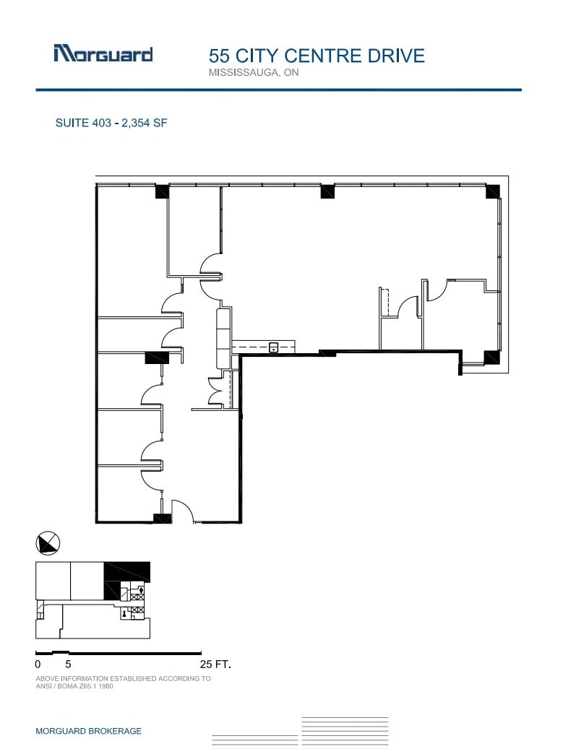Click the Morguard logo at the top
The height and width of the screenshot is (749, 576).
tap(103, 54)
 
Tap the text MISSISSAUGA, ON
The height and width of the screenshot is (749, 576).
tap(254, 73)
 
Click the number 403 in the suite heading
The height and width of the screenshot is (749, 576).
tap(101, 123)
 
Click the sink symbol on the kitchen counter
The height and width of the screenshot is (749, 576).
tap(274, 347)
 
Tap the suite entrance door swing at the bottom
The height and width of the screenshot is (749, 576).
tap(182, 511)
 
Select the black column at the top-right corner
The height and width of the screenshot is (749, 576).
tap(492, 191)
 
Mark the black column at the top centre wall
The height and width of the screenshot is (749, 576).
tap(327, 191)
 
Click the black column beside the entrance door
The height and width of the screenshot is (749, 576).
tap(162, 518)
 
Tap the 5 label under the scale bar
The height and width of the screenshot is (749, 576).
tap(68, 663)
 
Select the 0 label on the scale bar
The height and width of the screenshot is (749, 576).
tap(38, 663)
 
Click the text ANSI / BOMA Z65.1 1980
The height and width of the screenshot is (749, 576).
tap(74, 686)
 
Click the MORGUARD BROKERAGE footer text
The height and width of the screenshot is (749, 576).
tap(88, 731)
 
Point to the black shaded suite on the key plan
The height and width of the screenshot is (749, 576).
tap(126, 572)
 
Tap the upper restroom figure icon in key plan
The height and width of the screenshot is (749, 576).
tap(142, 590)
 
